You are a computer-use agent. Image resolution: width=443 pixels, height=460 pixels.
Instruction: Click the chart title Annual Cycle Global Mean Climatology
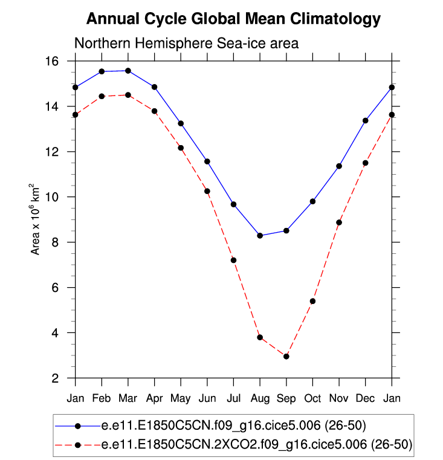[233, 19]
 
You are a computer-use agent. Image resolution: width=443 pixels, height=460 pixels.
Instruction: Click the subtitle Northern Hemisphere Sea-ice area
[186, 44]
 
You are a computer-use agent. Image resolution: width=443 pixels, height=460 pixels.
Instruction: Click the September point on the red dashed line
[286, 357]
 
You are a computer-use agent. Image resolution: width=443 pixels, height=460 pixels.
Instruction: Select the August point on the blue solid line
[260, 236]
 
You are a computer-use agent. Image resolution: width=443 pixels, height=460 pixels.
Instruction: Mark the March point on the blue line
[128, 71]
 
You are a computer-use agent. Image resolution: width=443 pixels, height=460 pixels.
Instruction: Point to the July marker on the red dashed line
[234, 261]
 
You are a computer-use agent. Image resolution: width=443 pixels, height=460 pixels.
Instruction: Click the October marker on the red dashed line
[312, 301]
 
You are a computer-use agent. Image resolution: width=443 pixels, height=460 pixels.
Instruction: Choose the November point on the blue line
[339, 166]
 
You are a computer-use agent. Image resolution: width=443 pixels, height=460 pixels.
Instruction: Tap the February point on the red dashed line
[102, 96]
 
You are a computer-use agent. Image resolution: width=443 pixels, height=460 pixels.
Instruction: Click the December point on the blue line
[366, 120]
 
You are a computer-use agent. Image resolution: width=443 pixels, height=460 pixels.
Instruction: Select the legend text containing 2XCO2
[257, 445]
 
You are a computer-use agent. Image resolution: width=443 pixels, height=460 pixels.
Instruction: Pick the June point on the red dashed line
[207, 191]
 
